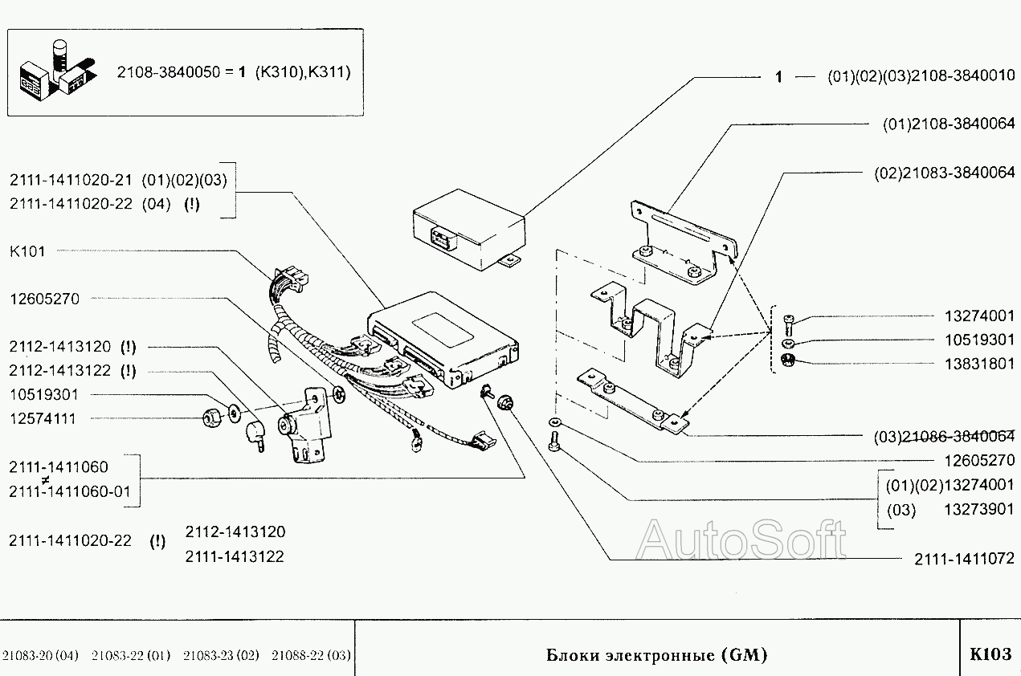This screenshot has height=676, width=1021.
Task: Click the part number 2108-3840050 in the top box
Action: (169, 72)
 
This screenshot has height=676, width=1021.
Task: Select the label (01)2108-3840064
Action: (949, 124)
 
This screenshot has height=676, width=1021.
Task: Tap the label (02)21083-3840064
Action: (945, 173)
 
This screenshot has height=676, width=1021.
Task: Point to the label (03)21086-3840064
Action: (945, 437)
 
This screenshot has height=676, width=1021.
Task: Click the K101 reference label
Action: (27, 251)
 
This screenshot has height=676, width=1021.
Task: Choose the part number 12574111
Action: (43, 418)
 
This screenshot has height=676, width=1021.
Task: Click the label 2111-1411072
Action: (965, 559)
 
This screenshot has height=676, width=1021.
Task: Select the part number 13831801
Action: (979, 364)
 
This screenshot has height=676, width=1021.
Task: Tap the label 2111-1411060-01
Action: (70, 491)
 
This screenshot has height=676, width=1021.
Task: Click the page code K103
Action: (990, 654)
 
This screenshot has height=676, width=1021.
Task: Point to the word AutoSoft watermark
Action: (741, 540)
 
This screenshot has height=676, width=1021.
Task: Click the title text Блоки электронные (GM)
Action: (657, 654)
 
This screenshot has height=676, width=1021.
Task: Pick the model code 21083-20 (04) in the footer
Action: (40, 655)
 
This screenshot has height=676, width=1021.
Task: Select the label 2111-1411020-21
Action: (71, 180)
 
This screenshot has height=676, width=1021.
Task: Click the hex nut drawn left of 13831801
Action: (787, 360)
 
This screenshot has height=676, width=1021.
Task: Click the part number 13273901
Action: (979, 509)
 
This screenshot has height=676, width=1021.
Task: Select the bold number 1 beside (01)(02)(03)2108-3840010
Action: (779, 77)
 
